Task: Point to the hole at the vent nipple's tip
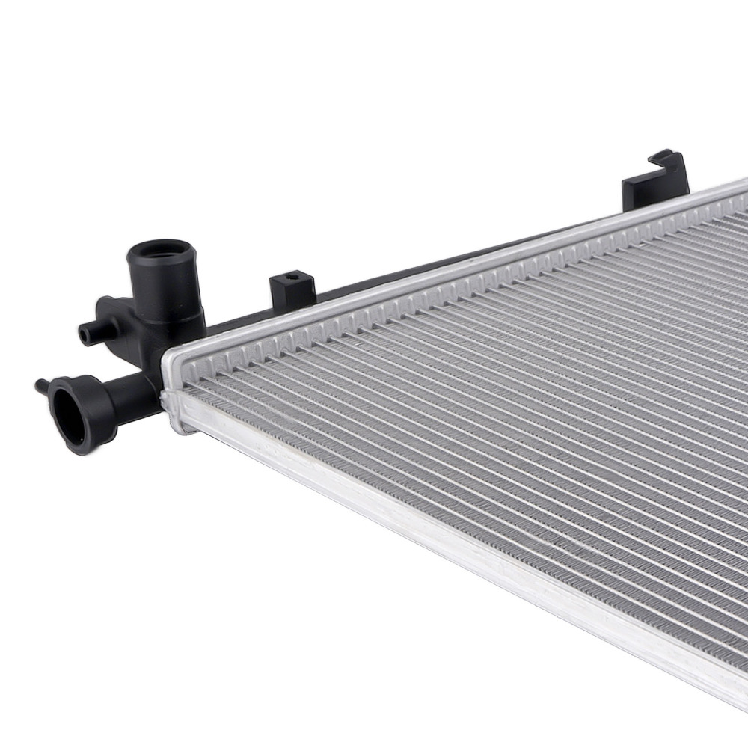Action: point(83,334)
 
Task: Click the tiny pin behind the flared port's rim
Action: point(40,385)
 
